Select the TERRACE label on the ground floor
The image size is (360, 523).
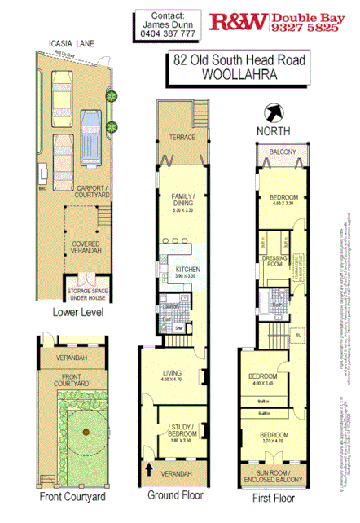(x=182, y=138)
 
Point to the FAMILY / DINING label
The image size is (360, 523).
(x=182, y=201)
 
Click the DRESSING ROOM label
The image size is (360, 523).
(x=273, y=261)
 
